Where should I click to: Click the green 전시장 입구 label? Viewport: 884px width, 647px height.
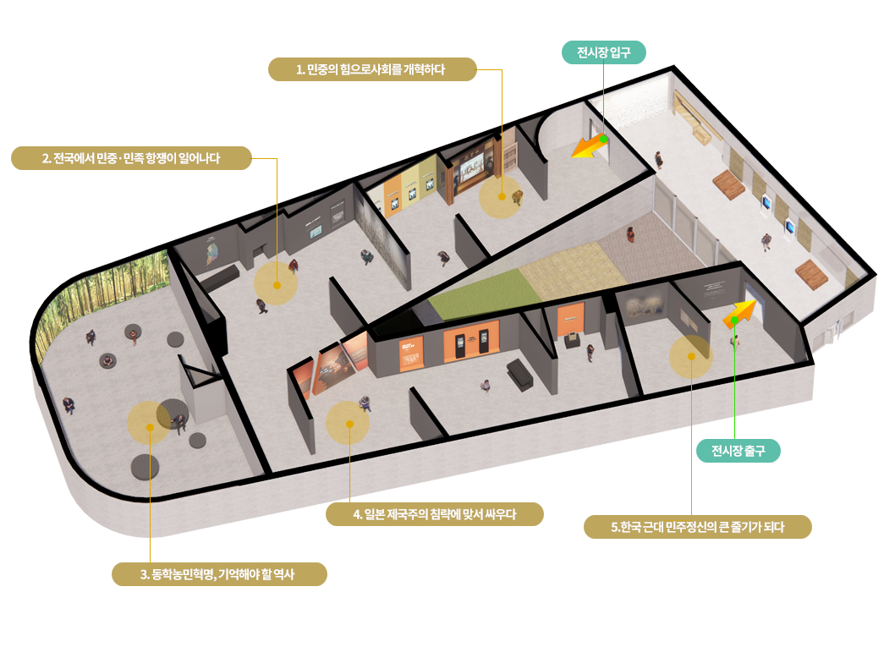[x=604, y=52]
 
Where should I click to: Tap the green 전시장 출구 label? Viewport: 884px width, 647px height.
[x=738, y=451]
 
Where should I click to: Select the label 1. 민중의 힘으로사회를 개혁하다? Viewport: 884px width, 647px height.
[x=372, y=69]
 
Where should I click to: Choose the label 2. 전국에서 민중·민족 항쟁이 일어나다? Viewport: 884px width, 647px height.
[x=131, y=158]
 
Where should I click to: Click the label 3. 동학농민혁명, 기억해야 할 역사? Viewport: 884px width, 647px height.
[x=219, y=574]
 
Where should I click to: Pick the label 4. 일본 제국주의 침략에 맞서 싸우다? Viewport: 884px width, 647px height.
[x=435, y=514]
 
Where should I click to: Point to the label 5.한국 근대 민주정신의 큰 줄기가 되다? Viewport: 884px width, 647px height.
[x=697, y=527]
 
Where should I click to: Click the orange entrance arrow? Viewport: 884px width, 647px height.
[x=589, y=146]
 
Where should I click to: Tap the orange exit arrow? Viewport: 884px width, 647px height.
[x=739, y=314]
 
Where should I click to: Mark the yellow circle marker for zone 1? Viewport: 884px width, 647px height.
[x=501, y=197]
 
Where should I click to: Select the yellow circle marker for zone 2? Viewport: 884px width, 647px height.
[x=276, y=283]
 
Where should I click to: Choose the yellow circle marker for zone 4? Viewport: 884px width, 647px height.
[x=349, y=423]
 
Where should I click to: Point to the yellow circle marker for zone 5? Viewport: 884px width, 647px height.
[x=691, y=357]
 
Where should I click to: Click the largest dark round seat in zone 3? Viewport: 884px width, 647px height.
[x=145, y=467]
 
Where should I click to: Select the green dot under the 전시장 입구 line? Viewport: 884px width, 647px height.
[x=603, y=139]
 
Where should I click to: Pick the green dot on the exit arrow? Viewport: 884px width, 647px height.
[x=734, y=321]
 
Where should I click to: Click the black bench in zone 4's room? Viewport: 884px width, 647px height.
[x=519, y=374]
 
